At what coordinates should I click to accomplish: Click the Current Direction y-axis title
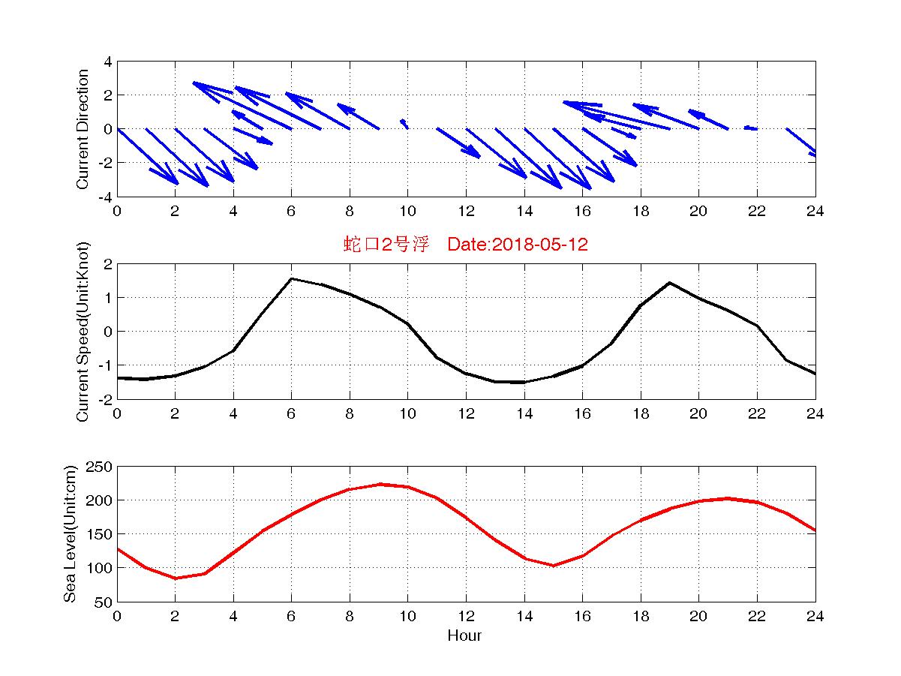pyautogui.click(x=83, y=129)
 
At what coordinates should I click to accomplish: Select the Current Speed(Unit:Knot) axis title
pyautogui.click(x=83, y=332)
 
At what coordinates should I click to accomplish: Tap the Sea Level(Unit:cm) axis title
pyautogui.click(x=70, y=533)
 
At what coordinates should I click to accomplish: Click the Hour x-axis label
pyautogui.click(x=464, y=636)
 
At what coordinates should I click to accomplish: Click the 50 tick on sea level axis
pyautogui.click(x=103, y=602)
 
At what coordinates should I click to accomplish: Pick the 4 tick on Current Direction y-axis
pyautogui.click(x=108, y=62)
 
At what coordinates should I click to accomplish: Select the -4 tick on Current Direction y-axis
pyautogui.click(x=106, y=197)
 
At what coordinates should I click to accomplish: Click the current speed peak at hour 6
pyautogui.click(x=292, y=278)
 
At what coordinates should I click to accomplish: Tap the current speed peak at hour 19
pyautogui.click(x=669, y=283)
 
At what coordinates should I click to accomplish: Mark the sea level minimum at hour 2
pyautogui.click(x=175, y=578)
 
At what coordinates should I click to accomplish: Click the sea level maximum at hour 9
pyautogui.click(x=380, y=484)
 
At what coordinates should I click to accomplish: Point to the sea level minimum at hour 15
pyautogui.click(x=554, y=566)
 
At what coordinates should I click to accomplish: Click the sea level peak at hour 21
pyautogui.click(x=728, y=498)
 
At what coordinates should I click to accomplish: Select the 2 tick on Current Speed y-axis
pyautogui.click(x=108, y=264)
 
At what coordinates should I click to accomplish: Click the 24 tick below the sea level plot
pyautogui.click(x=815, y=616)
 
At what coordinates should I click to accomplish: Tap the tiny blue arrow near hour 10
pyautogui.click(x=404, y=123)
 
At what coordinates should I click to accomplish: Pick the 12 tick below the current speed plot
pyautogui.click(x=466, y=413)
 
